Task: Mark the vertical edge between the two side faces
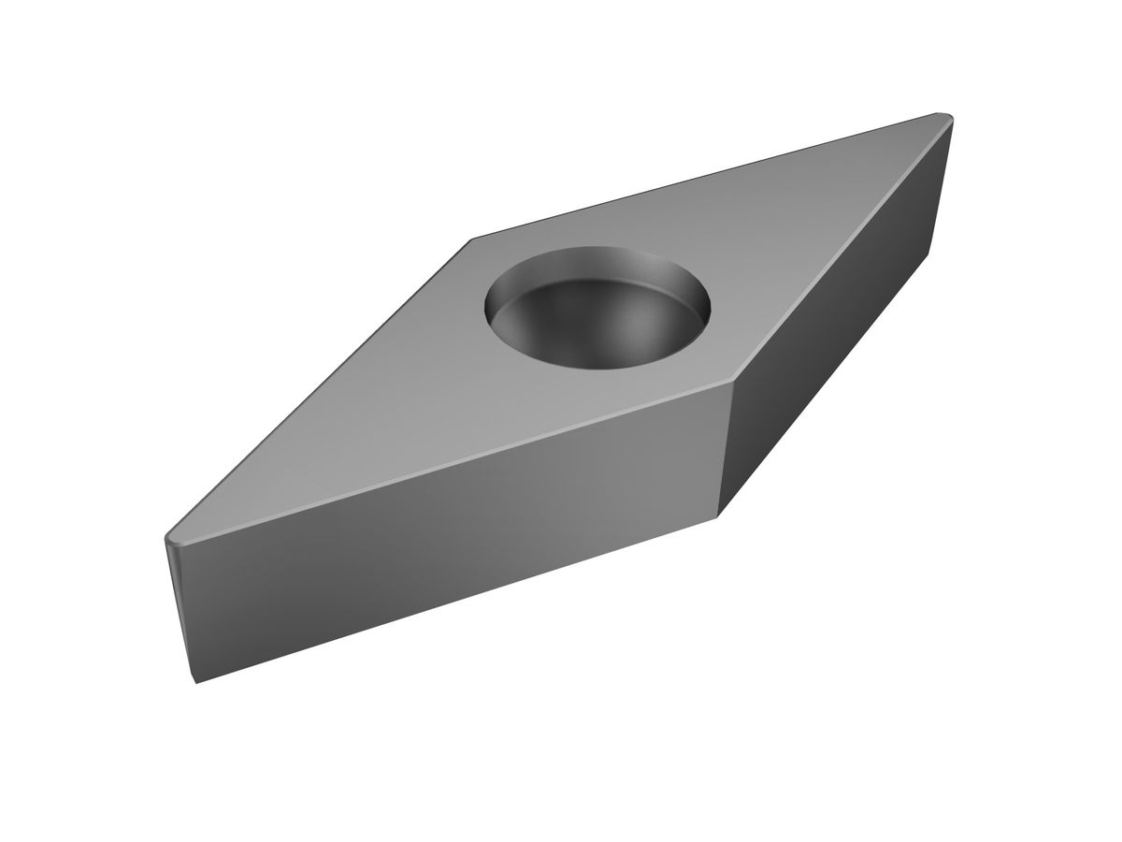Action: [x=725, y=449]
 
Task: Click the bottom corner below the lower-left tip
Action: [x=195, y=681]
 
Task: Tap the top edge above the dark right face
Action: [x=841, y=248]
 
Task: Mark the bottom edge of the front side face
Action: [x=458, y=599]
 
